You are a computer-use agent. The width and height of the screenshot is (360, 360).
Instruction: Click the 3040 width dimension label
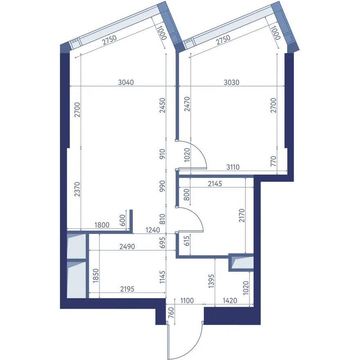pos(126,82)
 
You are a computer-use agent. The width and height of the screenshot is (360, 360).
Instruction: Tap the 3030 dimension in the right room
pos(232,82)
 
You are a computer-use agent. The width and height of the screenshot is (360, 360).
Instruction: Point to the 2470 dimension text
pos(187,104)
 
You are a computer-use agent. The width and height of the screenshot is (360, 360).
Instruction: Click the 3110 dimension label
pos(233,167)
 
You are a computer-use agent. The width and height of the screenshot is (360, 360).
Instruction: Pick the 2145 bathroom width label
pos(215,184)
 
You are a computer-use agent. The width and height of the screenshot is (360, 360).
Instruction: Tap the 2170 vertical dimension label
pos(242,216)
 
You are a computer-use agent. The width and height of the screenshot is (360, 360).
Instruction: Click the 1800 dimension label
pos(102,225)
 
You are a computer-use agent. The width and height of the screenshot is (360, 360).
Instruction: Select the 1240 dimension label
pos(153,230)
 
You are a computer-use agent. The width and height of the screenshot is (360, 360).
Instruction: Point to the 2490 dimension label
pos(127,247)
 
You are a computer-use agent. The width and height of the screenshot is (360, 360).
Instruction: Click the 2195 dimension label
pos(127,289)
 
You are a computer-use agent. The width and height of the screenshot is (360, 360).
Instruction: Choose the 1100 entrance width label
pos(187,300)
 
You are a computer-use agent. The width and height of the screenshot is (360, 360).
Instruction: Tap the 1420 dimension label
pos(230,300)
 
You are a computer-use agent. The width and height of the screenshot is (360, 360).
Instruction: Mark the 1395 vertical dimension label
pos(211,281)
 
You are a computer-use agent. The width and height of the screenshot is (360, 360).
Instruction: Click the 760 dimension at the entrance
pos(171,313)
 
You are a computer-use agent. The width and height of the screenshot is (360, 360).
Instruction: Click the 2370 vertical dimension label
pos(77,189)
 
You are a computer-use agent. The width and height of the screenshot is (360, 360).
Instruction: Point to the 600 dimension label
pos(123,220)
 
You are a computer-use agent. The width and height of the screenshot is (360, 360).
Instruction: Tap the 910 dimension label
pos(162,154)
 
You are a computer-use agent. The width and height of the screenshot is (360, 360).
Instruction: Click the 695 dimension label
pos(162,242)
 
